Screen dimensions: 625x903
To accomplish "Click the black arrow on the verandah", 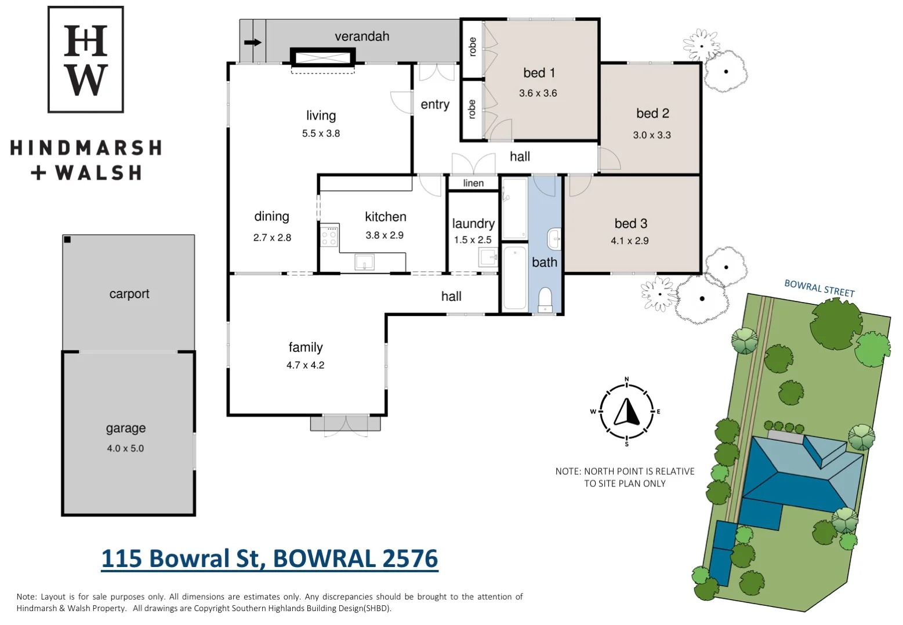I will (x=253, y=42).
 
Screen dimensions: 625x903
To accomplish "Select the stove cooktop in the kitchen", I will (x=329, y=237).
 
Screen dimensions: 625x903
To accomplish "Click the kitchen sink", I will (x=364, y=262).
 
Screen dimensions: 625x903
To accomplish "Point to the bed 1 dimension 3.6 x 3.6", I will (x=538, y=93).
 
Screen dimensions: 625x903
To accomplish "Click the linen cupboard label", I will (x=473, y=183).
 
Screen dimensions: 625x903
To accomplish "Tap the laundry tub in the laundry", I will (x=487, y=256).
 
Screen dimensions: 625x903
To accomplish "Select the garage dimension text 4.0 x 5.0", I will (x=125, y=448).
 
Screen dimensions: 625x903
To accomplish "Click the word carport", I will (x=129, y=294).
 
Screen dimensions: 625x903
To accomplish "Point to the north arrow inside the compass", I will (x=626, y=412).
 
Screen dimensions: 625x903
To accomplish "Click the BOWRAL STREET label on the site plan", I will (x=819, y=288).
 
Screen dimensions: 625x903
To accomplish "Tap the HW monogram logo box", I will (x=86, y=60).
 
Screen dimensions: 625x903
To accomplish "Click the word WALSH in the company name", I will (x=99, y=173).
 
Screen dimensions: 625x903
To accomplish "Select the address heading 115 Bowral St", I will (x=270, y=559).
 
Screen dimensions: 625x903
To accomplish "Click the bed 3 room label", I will (x=630, y=224).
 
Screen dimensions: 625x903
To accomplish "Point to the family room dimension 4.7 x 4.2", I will (x=305, y=365).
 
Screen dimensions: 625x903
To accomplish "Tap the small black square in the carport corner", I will (x=67, y=239).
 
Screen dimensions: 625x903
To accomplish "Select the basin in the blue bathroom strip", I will (x=554, y=238).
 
